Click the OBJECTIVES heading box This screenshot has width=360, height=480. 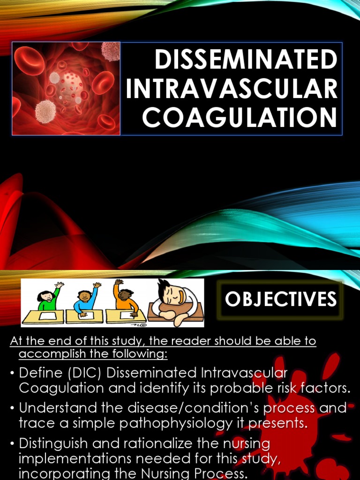point(281,299)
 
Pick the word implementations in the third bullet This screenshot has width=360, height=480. point(76,457)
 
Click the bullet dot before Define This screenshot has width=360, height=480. point(12,374)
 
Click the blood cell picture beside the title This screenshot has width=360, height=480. point(66,89)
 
